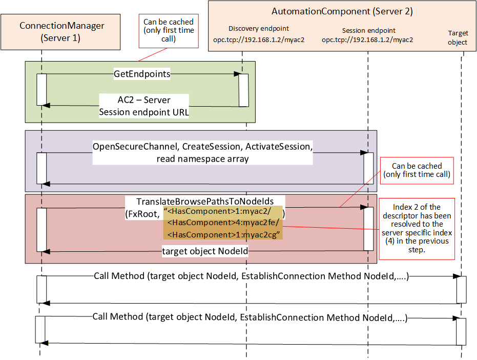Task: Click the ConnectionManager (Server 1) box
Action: point(60,32)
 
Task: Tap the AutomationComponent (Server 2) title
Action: point(342,12)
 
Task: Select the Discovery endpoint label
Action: point(259,28)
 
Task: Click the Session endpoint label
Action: point(369,30)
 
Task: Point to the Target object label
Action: point(458,37)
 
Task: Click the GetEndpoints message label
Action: point(142,74)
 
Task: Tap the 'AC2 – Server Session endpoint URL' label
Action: point(144,106)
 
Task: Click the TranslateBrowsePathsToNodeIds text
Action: point(205,202)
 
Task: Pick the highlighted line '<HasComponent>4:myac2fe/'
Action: point(223,223)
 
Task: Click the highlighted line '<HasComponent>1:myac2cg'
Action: point(223,234)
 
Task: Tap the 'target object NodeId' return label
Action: point(205,251)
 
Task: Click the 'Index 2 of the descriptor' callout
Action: point(417,229)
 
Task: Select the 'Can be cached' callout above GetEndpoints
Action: point(169,31)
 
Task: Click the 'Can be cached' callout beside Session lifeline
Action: point(417,171)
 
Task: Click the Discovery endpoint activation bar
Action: point(244,90)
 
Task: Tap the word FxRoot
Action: point(142,214)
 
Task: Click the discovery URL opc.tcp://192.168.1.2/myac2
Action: point(259,40)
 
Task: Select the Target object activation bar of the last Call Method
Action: point(461,332)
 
